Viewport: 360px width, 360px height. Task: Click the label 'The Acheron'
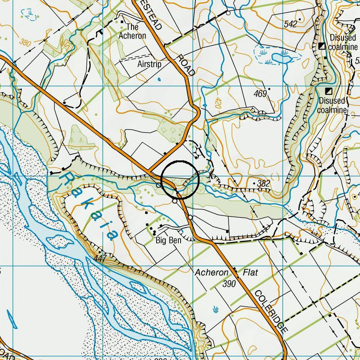click(132, 31)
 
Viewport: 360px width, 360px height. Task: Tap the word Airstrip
click(149, 64)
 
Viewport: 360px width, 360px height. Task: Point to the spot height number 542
click(290, 24)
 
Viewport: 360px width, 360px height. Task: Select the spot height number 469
click(260, 93)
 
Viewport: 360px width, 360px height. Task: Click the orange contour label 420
click(215, 103)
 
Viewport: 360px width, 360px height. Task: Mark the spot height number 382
click(263, 184)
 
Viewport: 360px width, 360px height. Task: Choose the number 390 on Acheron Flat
click(229, 284)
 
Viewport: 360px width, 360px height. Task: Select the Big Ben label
click(168, 241)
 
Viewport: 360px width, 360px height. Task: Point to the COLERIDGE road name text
click(270, 311)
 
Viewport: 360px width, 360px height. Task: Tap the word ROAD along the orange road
click(186, 64)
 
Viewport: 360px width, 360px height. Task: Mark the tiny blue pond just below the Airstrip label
click(159, 80)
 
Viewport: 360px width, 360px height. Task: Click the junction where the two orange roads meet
click(148, 171)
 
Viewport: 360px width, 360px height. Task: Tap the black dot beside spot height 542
click(300, 19)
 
